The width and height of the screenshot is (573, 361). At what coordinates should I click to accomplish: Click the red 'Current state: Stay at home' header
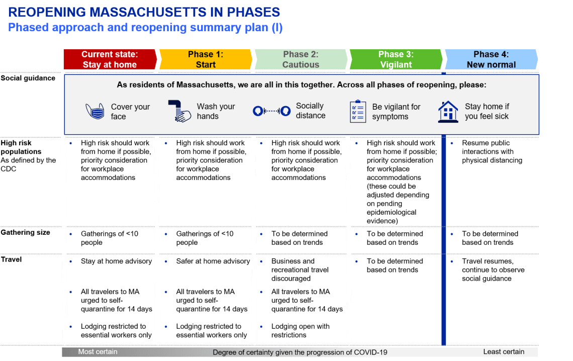coord(110,59)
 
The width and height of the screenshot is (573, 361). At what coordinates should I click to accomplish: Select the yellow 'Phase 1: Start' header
coord(206,59)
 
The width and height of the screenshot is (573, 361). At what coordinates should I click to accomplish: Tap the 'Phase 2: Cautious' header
coord(301,59)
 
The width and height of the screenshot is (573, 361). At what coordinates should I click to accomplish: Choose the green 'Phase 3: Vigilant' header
coord(396,59)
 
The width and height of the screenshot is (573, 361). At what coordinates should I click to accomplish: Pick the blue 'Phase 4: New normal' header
coord(491,59)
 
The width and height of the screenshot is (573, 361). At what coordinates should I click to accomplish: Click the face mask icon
coord(95,112)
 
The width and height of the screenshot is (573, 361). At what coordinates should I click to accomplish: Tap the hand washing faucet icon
coord(179,111)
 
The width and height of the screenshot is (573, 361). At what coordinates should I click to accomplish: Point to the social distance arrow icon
coord(271,111)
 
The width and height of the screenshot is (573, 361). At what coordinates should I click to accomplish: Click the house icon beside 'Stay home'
coord(448,111)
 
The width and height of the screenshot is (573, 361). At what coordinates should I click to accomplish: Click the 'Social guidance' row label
coord(28,78)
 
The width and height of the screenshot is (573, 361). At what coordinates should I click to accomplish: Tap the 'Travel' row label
coord(11,260)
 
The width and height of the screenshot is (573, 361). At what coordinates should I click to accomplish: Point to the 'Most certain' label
coord(98,352)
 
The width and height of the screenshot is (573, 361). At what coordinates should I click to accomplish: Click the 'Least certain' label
coord(504,352)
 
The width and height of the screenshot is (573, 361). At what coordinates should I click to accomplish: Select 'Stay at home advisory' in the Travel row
coord(116,261)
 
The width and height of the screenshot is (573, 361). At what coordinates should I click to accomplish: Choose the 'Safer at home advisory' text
coord(213,261)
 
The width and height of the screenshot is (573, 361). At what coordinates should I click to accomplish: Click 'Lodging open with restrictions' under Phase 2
coord(300,330)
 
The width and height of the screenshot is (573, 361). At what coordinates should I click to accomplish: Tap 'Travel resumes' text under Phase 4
coord(487,261)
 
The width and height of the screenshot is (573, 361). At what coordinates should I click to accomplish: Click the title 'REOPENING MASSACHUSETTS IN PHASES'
coord(144,12)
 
